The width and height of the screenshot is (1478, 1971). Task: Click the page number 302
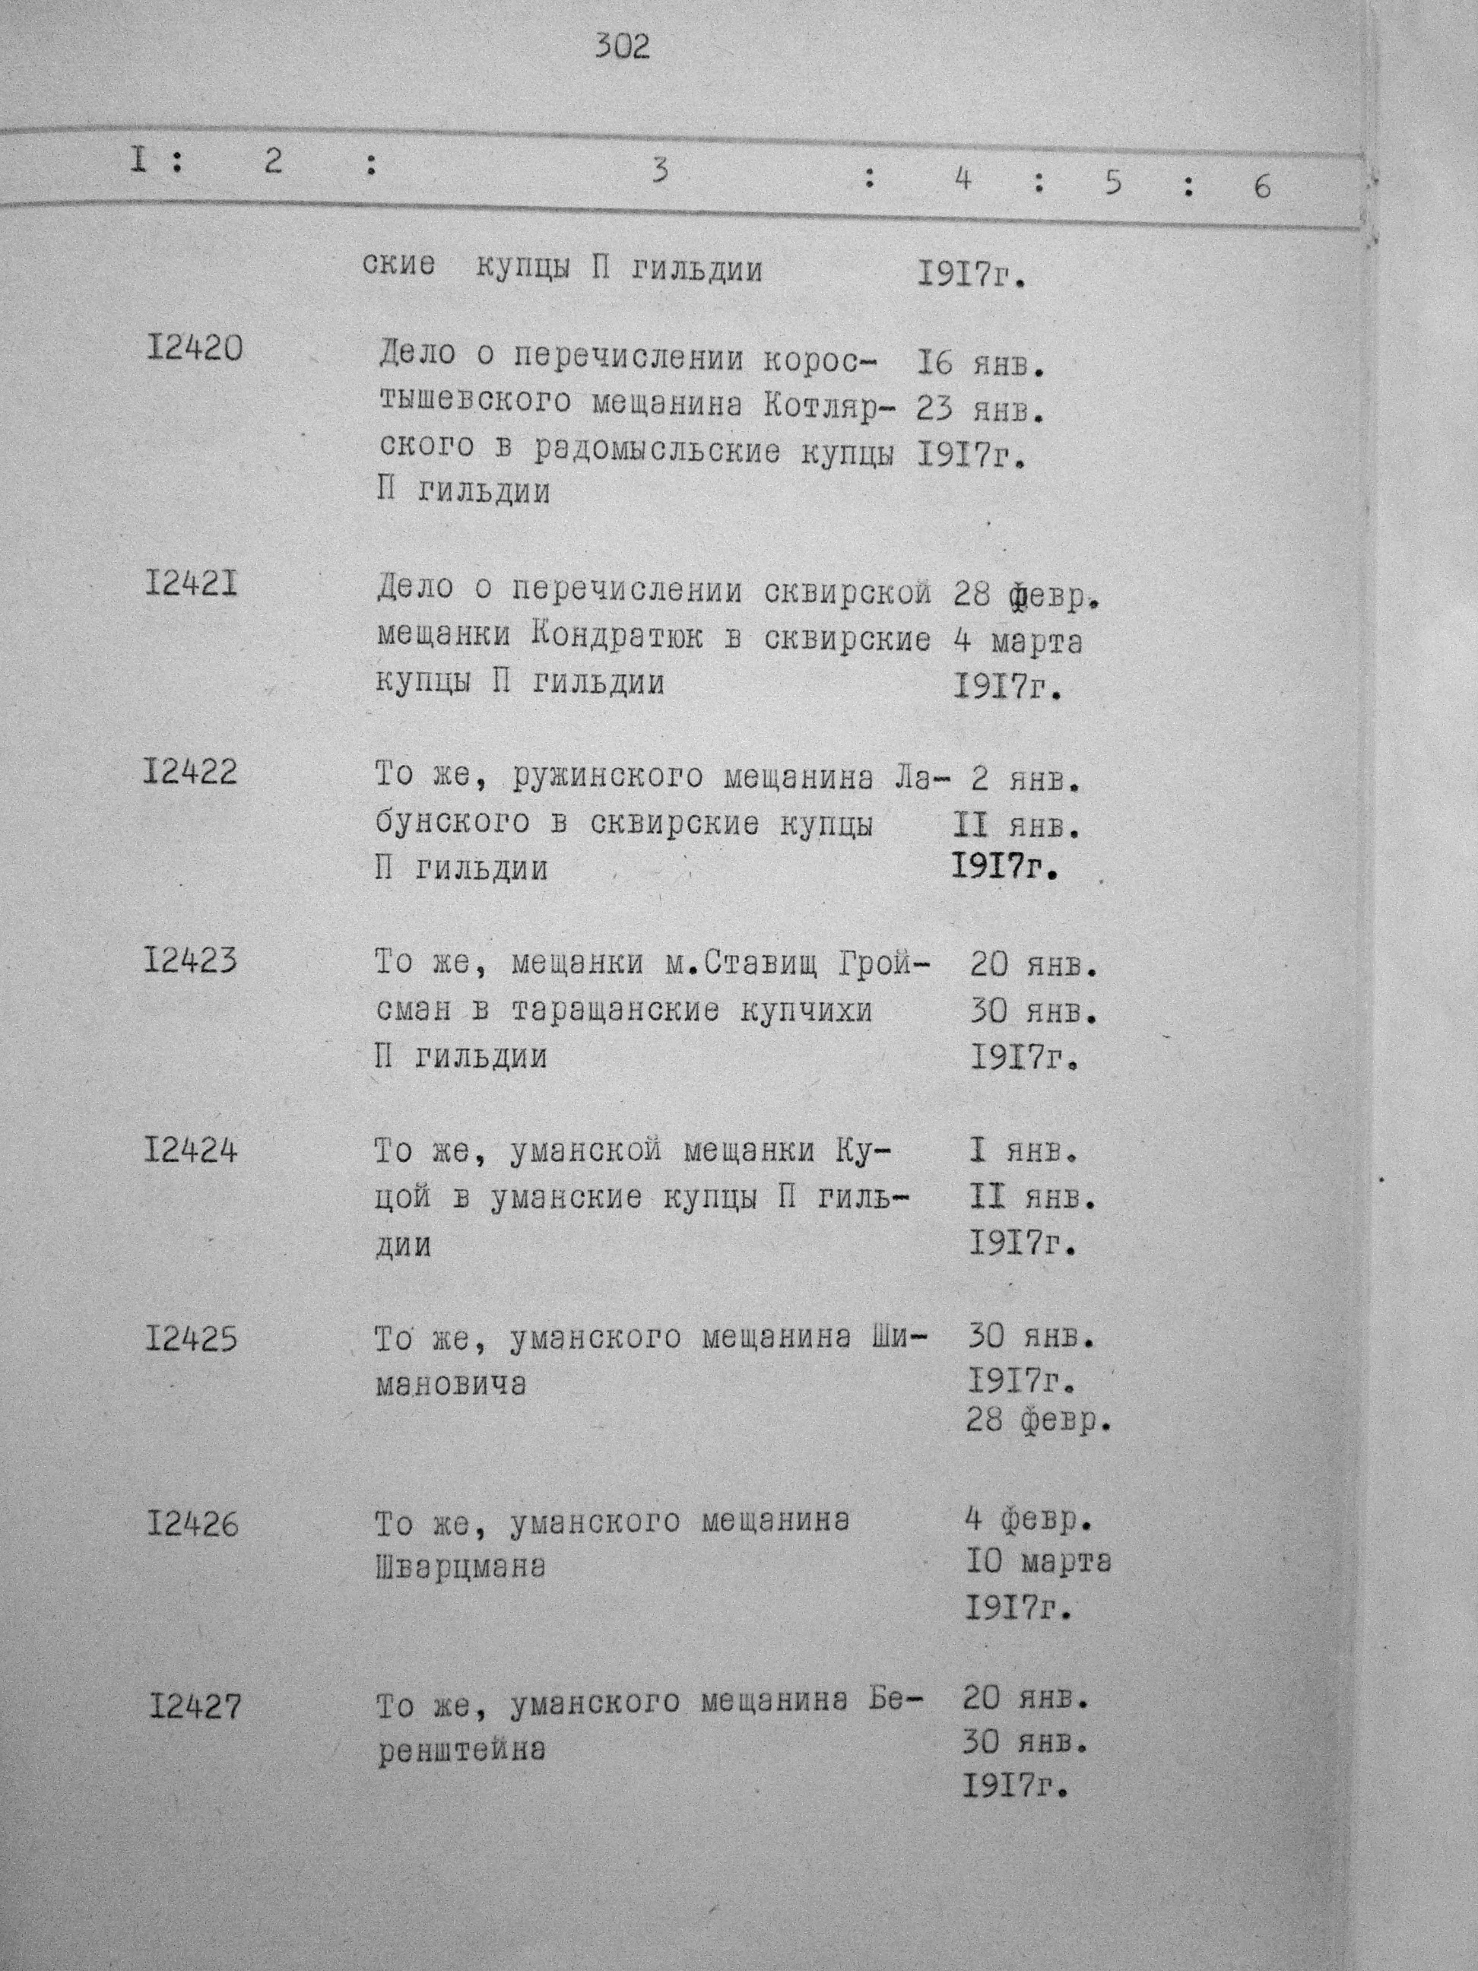(623, 46)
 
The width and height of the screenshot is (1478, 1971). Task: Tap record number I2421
(191, 586)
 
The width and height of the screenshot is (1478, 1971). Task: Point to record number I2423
(191, 960)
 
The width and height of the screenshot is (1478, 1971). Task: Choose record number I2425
(192, 1339)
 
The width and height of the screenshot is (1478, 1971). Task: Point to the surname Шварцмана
(461, 1567)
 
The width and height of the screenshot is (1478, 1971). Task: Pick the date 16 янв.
(978, 363)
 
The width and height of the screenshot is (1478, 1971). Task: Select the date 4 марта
(1017, 642)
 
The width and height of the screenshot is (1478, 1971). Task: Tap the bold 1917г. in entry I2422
(1002, 866)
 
